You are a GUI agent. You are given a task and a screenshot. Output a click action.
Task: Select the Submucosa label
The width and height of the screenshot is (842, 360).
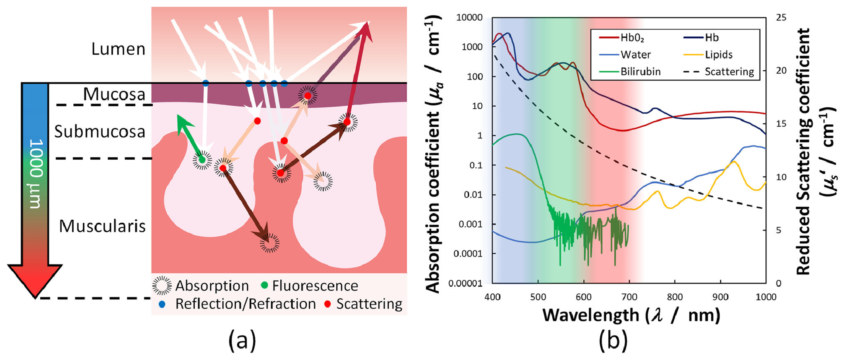pos(100,132)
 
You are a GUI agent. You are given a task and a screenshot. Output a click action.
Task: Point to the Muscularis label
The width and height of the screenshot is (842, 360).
pos(102,226)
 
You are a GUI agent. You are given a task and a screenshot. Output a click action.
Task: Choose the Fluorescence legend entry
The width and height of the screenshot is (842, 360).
pos(315,286)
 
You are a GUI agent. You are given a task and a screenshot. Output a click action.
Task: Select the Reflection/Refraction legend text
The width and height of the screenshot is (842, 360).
pos(245,304)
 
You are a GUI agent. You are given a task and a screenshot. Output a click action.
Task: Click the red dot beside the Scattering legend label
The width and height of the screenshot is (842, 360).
pos(327,304)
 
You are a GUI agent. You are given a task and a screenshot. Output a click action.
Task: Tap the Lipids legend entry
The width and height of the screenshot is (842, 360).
pos(718,55)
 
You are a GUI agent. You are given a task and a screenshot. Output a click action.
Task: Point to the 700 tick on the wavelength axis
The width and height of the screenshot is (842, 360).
pos(629,297)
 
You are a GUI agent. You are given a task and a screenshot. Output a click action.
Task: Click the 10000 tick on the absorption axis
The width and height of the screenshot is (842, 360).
pos(469,17)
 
